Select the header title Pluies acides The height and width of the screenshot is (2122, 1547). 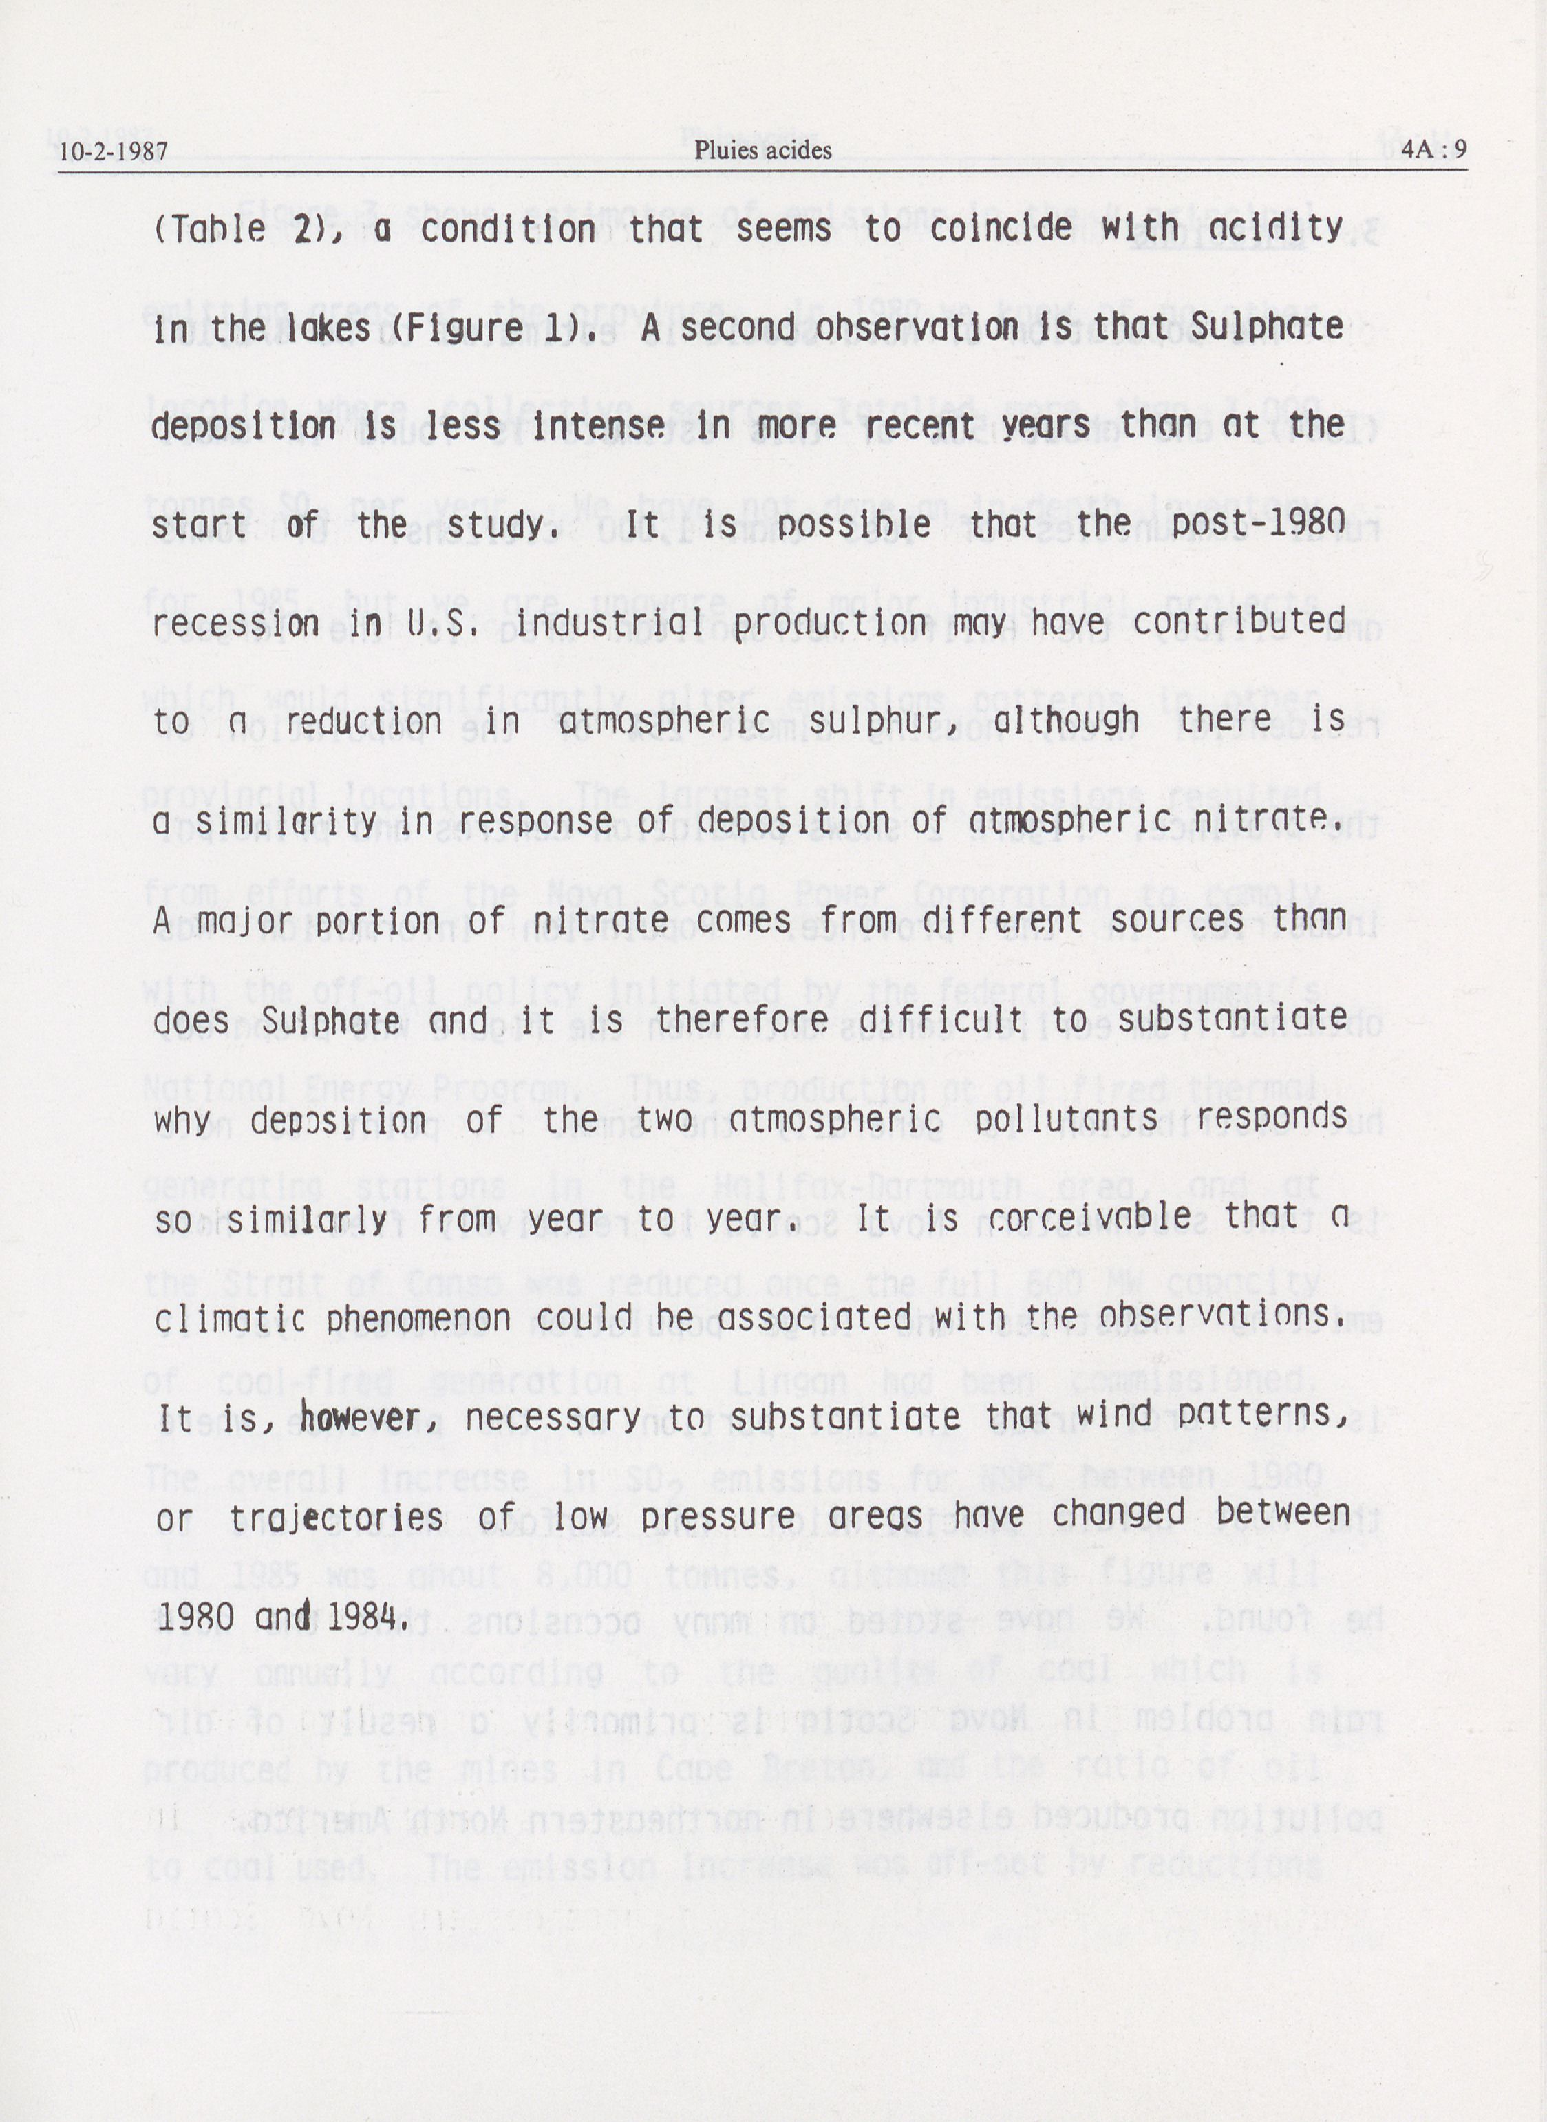tap(762, 150)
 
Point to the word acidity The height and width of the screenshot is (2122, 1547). tap(1285, 228)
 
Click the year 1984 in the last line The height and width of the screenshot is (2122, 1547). tap(365, 1616)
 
